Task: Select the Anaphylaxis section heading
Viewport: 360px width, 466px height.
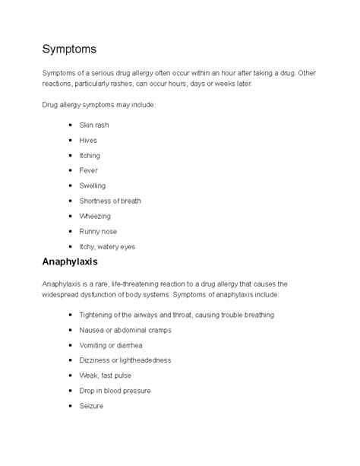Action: click(x=75, y=262)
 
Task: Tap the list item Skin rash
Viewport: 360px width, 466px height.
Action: click(x=95, y=124)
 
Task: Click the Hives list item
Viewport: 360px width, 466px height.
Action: click(x=88, y=140)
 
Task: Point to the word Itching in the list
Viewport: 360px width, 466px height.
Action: click(x=90, y=155)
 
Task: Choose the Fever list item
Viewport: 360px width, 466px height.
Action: click(x=88, y=170)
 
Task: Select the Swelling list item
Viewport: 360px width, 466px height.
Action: click(x=92, y=185)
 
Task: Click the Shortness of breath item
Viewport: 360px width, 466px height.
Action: click(x=110, y=201)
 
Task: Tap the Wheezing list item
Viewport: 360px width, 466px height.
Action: click(x=94, y=216)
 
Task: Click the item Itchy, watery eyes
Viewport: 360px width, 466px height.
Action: click(x=106, y=246)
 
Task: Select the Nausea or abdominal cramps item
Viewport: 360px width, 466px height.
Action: click(x=125, y=330)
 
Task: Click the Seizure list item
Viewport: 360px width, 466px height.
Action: click(x=92, y=406)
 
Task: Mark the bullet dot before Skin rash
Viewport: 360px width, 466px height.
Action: click(x=70, y=124)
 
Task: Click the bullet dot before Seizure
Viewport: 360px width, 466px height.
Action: click(x=70, y=406)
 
